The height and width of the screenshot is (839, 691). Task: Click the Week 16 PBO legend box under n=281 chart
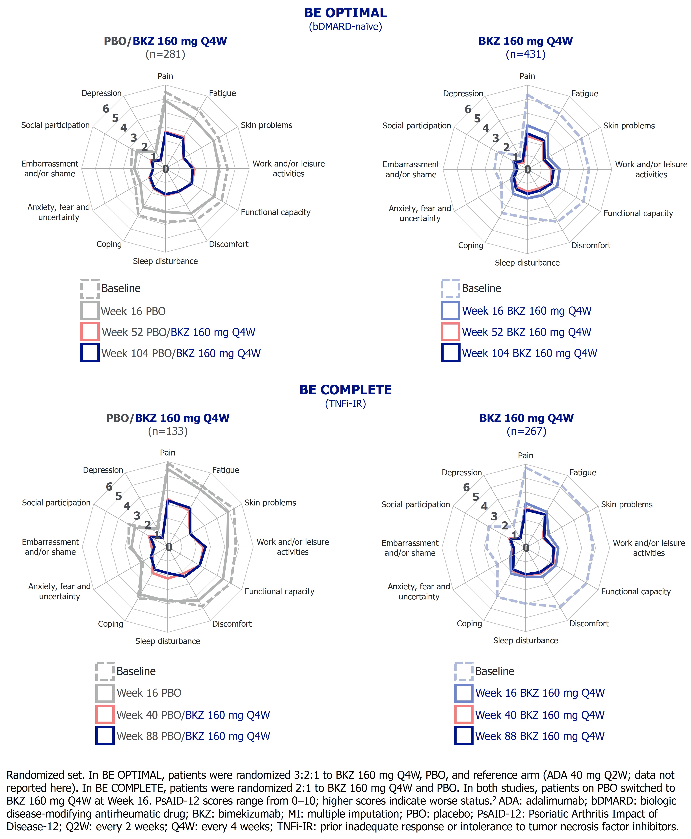(x=90, y=311)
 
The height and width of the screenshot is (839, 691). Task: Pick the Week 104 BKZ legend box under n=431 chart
(x=451, y=353)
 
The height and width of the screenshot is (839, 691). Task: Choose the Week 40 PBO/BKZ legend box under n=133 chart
(x=105, y=715)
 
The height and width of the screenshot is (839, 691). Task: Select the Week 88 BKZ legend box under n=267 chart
(x=464, y=736)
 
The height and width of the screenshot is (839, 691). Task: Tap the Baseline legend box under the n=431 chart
(x=451, y=289)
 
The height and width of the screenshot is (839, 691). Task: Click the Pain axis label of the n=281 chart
(x=165, y=76)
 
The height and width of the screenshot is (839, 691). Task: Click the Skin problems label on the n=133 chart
(x=270, y=503)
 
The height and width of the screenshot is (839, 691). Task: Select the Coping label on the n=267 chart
(x=469, y=623)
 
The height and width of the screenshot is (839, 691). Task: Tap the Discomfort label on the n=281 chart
(x=228, y=244)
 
